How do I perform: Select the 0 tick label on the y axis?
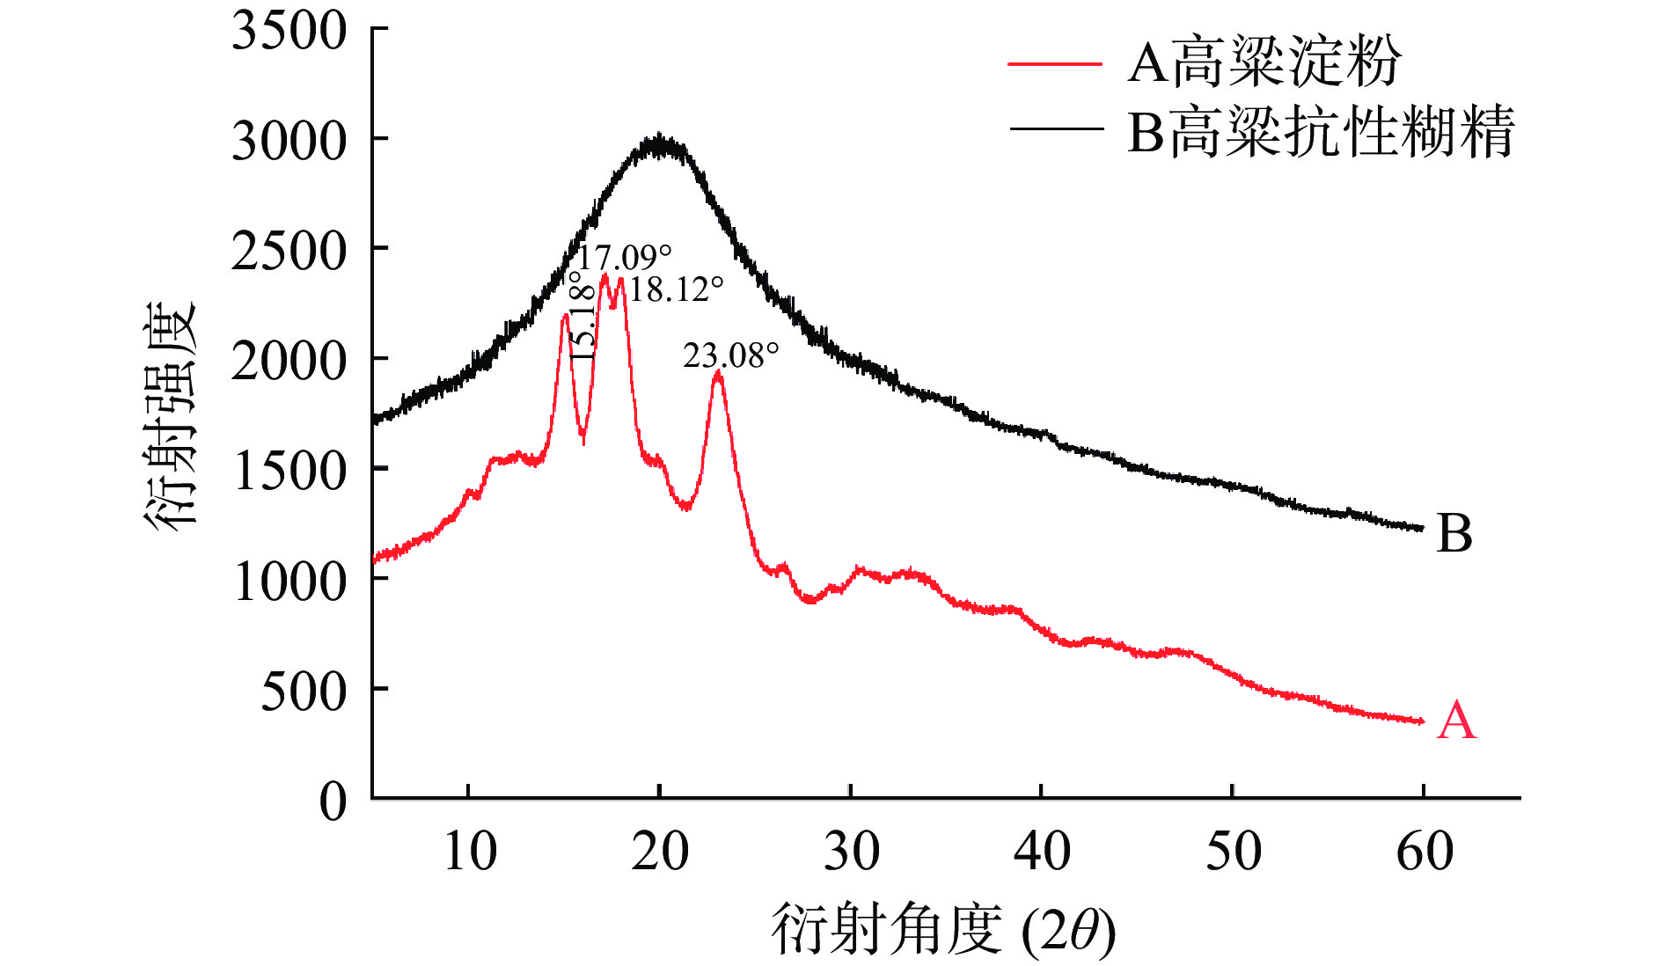pos(333,801)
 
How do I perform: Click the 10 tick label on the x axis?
pos(470,851)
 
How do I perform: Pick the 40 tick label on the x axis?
pos(1042,851)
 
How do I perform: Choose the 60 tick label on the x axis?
pos(1425,851)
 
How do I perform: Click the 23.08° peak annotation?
pos(731,355)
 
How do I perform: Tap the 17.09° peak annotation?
pos(623,258)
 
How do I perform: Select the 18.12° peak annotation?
pos(676,289)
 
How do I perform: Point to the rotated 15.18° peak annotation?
pos(582,315)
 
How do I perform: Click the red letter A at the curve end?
pos(1456,721)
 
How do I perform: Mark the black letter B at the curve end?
pos(1454,533)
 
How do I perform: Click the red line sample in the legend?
pos(1054,64)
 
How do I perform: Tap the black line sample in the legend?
pos(1054,129)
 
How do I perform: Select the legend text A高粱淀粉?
pos(1264,62)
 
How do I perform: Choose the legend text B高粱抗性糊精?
pos(1321,132)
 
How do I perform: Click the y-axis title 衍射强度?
pos(170,416)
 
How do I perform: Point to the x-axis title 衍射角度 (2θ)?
pos(943,931)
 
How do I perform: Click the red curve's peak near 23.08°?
pos(718,373)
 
